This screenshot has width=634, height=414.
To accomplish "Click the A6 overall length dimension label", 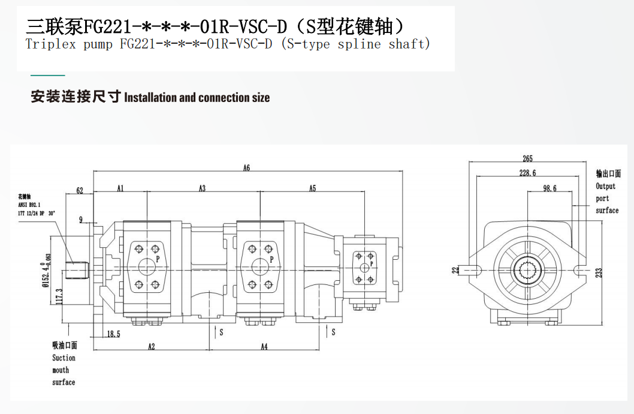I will [x=246, y=168].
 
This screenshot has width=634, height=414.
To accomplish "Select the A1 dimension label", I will [x=120, y=188].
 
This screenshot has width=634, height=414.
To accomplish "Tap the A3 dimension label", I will [x=203, y=188].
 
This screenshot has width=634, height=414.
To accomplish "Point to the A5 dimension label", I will [x=313, y=188].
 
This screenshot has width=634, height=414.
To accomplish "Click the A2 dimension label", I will [x=152, y=346].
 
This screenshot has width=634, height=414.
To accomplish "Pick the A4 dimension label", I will [x=264, y=346].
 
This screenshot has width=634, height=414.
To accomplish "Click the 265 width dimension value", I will [x=527, y=159].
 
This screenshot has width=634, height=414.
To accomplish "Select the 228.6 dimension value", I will [x=527, y=173].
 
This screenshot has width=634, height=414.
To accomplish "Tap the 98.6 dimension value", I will [x=550, y=188].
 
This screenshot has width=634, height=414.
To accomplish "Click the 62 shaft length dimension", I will [x=80, y=191].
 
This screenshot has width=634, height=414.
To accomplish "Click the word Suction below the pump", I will [x=64, y=358].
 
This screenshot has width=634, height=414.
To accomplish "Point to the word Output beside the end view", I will [x=605, y=187].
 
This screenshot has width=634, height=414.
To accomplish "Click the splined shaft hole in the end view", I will [x=528, y=270].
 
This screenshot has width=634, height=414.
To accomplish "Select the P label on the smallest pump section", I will [x=372, y=263].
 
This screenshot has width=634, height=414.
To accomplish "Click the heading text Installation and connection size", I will [x=197, y=98].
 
